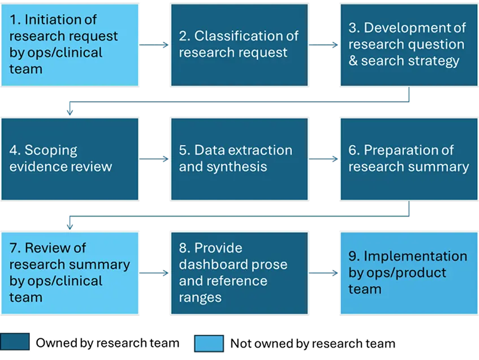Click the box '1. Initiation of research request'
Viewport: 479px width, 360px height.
(x=70, y=45)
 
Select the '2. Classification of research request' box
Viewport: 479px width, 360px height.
(x=239, y=45)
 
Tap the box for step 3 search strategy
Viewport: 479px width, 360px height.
(x=408, y=45)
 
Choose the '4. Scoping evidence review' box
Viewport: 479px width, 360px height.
(x=70, y=159)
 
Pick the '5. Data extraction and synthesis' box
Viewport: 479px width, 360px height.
(x=239, y=159)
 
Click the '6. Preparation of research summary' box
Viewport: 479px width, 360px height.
(x=408, y=159)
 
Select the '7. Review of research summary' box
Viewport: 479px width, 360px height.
(x=70, y=272)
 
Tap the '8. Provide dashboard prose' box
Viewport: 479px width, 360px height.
(x=239, y=272)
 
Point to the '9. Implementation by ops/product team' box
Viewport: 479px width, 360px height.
(x=408, y=272)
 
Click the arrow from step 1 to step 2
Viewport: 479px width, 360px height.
(x=154, y=45)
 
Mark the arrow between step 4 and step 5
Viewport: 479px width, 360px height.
(x=154, y=159)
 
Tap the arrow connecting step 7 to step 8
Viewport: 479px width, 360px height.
(x=154, y=273)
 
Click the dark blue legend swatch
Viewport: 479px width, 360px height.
(x=15, y=342)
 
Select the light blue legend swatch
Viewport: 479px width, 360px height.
(x=209, y=343)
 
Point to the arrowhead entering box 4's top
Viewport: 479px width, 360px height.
(x=70, y=112)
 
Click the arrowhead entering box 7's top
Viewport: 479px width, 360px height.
(x=70, y=226)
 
